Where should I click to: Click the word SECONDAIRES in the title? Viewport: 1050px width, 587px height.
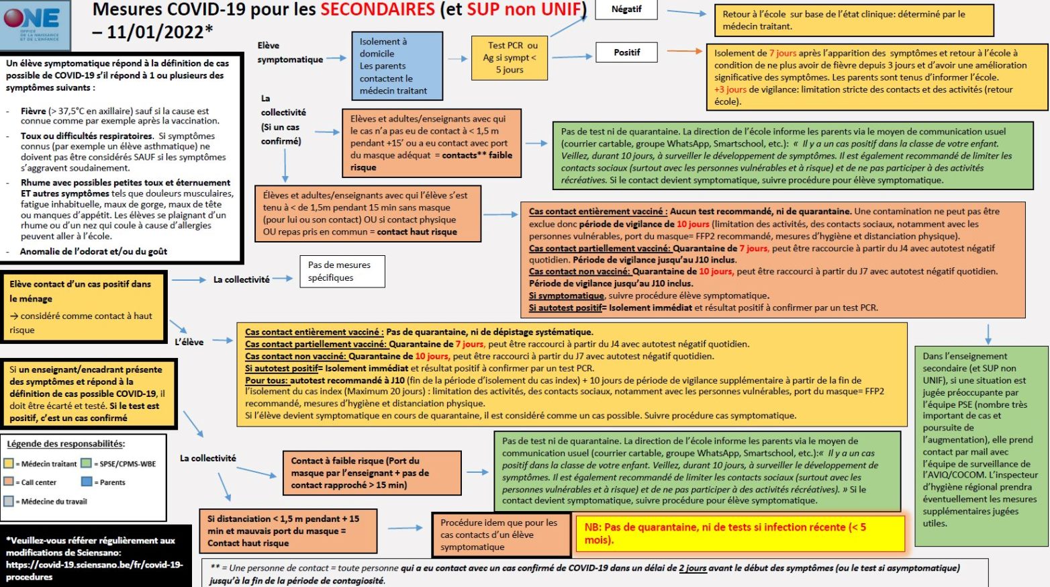pyautogui.click(x=377, y=9)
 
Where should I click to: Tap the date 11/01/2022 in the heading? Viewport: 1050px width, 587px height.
pyautogui.click(x=155, y=32)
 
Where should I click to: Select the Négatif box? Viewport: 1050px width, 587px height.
pyautogui.click(x=626, y=9)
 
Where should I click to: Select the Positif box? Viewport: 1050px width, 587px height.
pyautogui.click(x=626, y=52)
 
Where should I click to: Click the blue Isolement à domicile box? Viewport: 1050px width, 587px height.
pyautogui.click(x=397, y=66)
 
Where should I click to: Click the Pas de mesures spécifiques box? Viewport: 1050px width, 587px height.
pyautogui.click(x=342, y=271)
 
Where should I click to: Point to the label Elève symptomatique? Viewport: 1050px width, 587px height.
pyautogui.click(x=289, y=52)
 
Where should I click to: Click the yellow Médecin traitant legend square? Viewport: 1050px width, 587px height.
pyautogui.click(x=9, y=463)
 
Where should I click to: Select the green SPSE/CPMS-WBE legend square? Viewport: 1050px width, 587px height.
pyautogui.click(x=86, y=463)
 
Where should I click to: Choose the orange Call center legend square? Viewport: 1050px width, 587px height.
pyautogui.click(x=9, y=482)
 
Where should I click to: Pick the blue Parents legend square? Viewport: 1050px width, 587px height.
pyautogui.click(x=86, y=482)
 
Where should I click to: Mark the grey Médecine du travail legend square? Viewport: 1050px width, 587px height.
pyautogui.click(x=9, y=501)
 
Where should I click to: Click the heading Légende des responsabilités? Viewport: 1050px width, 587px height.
pyautogui.click(x=66, y=444)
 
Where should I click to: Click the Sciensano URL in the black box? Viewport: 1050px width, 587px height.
pyautogui.click(x=94, y=570)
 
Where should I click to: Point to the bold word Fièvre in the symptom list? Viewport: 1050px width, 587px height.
pyautogui.click(x=34, y=111)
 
